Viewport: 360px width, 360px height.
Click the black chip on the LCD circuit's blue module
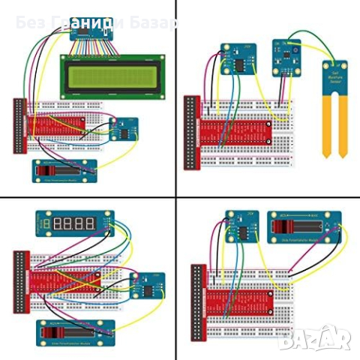121,133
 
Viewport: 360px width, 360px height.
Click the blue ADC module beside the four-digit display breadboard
143,288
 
